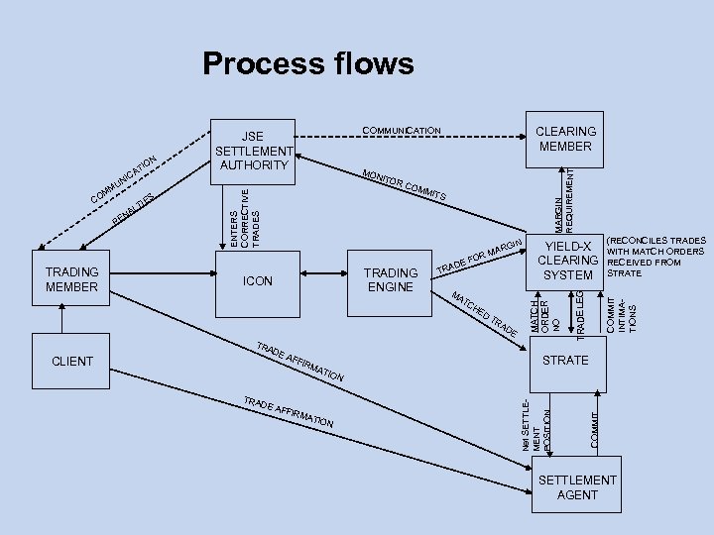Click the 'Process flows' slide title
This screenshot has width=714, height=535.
coord(307,64)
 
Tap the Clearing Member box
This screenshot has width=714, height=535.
coord(565,139)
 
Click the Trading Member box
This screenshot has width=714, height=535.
coord(71,279)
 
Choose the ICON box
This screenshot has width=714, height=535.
coord(257,280)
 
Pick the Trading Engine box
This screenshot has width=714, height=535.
coord(391,279)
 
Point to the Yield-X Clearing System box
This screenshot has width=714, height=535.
coord(565,261)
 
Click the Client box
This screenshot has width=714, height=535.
coord(71,361)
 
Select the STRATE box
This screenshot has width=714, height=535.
coord(565,360)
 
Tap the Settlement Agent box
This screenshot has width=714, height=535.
coord(576,486)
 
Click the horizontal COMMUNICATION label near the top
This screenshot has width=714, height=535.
coord(402,131)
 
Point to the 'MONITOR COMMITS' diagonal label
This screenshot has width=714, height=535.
coord(404,184)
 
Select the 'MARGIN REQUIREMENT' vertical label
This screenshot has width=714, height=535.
coord(562,196)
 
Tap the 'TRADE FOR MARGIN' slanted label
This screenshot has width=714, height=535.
coord(480,257)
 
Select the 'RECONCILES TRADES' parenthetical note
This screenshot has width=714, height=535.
coord(655,257)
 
